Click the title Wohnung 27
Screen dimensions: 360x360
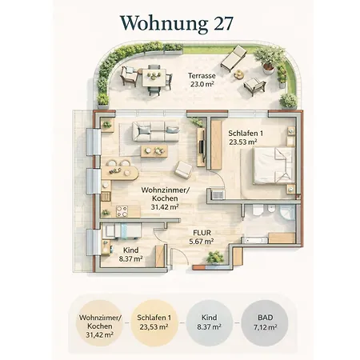[x=177, y=23]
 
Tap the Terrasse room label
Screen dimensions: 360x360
[x=202, y=76]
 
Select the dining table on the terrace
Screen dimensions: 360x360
[x=154, y=78]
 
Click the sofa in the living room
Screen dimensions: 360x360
[x=156, y=131]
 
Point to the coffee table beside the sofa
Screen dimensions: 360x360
[x=154, y=151]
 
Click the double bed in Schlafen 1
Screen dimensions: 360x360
[x=274, y=166]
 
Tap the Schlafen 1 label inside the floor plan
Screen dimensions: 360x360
[x=246, y=133]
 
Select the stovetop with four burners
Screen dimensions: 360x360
[x=122, y=211]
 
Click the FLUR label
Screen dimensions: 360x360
[x=202, y=233]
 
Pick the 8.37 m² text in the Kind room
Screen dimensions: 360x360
[x=130, y=258]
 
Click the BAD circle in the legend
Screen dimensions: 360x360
[x=265, y=323]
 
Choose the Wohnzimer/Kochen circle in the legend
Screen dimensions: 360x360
[x=99, y=323]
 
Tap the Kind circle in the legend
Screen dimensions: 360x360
[x=210, y=323]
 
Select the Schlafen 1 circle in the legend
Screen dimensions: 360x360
[x=154, y=323]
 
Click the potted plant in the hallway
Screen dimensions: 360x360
[x=215, y=258]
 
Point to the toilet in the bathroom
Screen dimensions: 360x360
[x=258, y=210]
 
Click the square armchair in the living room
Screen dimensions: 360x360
[x=183, y=170]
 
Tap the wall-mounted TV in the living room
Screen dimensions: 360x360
[x=202, y=147]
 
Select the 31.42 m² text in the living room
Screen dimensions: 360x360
[x=165, y=206]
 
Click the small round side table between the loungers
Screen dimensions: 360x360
[x=238, y=74]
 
